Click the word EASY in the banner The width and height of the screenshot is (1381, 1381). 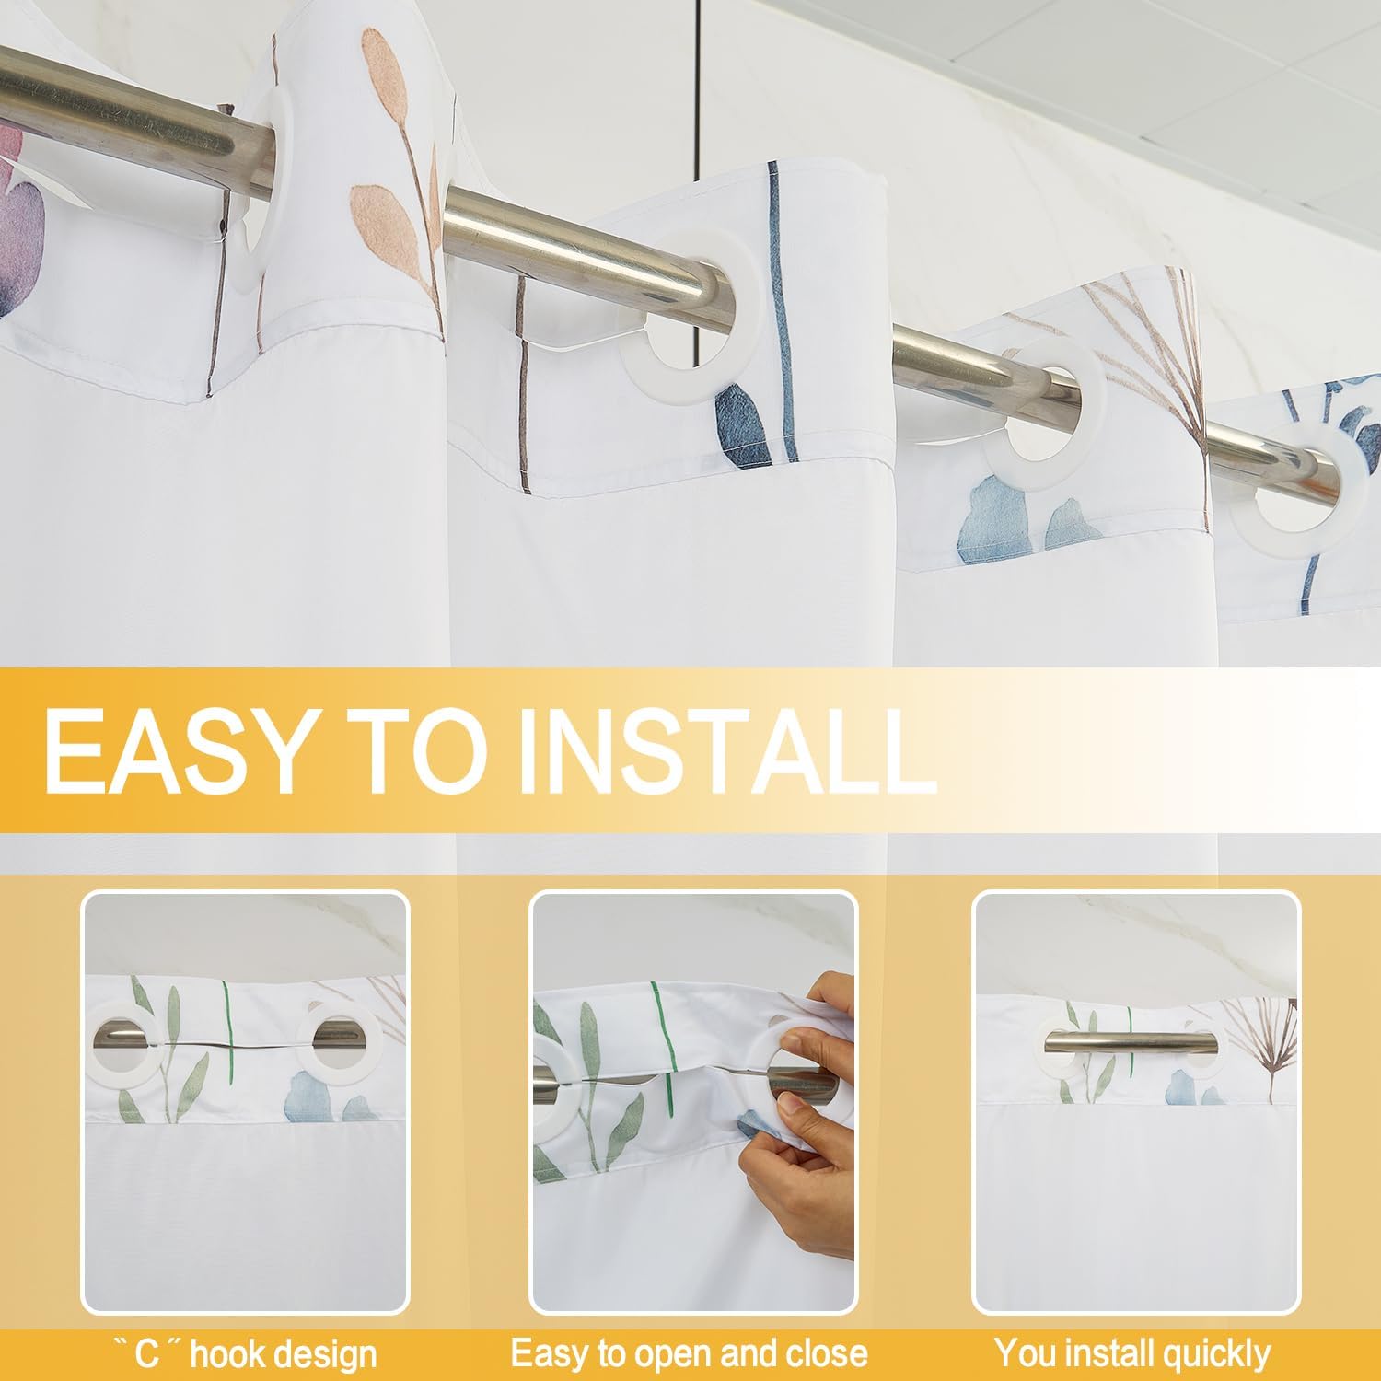click(174, 750)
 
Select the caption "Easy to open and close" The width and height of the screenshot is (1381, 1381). click(690, 1353)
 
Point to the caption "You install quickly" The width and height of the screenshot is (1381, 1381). click(1131, 1353)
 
